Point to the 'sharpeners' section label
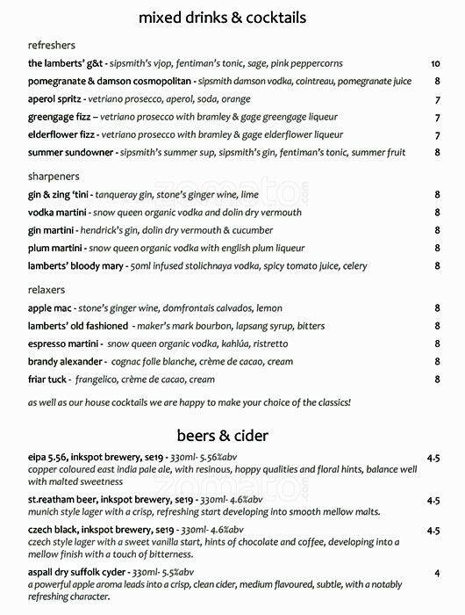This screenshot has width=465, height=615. [54, 177]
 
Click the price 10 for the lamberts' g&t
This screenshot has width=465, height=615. [435, 64]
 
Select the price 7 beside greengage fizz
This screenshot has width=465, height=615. [437, 118]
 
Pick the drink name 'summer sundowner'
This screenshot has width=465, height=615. [71, 153]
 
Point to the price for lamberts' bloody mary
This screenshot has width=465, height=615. [437, 266]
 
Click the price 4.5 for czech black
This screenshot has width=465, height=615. [433, 531]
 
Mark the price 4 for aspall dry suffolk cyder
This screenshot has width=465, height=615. [437, 573]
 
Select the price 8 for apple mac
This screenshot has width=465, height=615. [437, 308]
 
